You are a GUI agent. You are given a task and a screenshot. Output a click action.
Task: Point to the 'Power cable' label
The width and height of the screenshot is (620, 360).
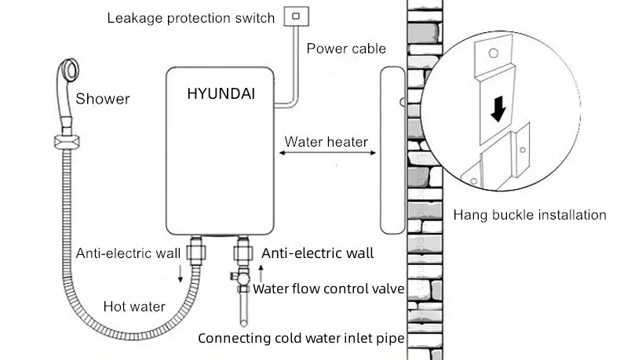point(346,49)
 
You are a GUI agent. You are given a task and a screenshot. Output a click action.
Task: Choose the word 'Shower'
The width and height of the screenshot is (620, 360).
point(102,99)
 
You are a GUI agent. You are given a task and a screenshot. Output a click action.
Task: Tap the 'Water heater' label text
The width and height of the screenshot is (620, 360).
point(326,142)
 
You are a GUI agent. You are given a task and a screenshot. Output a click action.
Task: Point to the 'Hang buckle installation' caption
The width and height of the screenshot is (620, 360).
point(530,214)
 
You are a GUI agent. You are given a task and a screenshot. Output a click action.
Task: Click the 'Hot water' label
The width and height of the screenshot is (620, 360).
point(134,307)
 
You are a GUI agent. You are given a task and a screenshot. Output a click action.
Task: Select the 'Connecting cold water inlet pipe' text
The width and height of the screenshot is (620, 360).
point(301,339)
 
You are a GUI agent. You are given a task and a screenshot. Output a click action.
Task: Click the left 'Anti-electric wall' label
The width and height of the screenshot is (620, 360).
point(129,253)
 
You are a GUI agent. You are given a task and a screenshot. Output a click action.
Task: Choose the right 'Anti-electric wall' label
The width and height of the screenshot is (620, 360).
point(317,253)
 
